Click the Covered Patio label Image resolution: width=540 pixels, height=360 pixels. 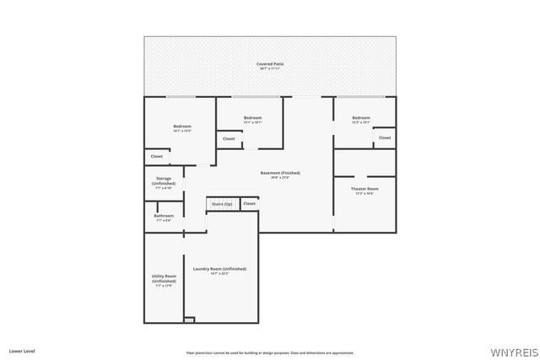[x=270, y=63]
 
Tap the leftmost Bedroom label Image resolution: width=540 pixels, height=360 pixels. [x=182, y=126]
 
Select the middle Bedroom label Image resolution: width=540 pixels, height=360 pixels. [x=253, y=117]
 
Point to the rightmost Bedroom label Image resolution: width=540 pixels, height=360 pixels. [x=361, y=117]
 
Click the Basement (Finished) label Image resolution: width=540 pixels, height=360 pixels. [x=279, y=173]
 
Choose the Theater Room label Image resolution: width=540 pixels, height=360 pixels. [x=364, y=189]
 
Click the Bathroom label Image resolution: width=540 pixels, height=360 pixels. [x=164, y=216]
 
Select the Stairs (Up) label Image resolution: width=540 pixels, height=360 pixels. [x=222, y=204]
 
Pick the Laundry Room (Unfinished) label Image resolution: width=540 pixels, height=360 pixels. [x=219, y=269]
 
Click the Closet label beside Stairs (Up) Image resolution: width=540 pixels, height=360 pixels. [x=249, y=204]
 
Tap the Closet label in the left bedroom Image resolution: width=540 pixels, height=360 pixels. [x=157, y=156]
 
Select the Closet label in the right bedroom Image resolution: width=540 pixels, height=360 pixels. [x=384, y=137]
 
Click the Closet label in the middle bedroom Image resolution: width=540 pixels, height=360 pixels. [x=229, y=138]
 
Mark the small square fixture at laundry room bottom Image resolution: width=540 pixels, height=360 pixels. [x=190, y=320]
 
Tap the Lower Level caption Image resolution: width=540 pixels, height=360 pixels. [x=21, y=350]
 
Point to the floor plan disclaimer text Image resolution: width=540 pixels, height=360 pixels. [x=270, y=352]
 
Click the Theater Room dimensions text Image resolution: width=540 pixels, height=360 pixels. [x=364, y=194]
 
